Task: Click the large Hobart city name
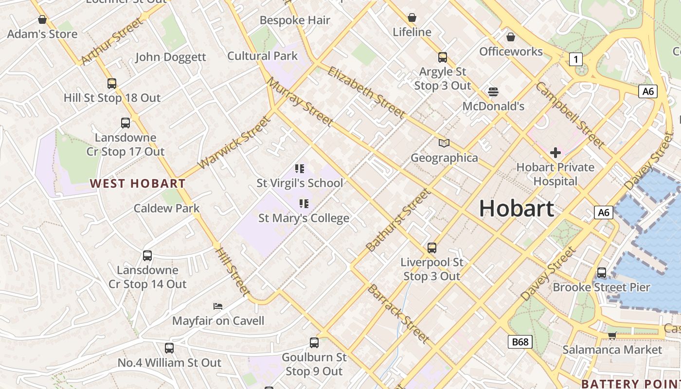517,209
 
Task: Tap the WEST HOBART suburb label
138,183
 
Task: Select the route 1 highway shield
576,59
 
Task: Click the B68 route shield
520,342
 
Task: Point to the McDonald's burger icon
493,91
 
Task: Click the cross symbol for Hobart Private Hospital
555,153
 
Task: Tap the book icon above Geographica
444,143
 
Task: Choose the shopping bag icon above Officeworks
511,36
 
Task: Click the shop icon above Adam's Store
42,19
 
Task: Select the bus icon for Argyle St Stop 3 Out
443,57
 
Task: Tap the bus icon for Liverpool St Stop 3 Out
432,248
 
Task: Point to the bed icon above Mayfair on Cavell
218,306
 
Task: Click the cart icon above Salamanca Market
612,335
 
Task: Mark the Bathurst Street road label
398,220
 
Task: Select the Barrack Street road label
398,314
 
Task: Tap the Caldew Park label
166,208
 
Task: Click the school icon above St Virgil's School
300,169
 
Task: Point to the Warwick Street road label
233,142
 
